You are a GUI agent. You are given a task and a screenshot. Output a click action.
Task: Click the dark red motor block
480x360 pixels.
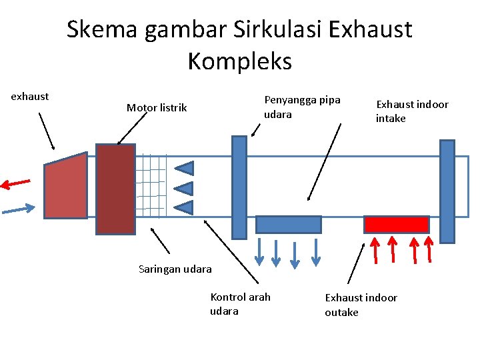[115, 189]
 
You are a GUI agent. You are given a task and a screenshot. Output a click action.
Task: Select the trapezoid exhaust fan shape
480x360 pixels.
[65, 188]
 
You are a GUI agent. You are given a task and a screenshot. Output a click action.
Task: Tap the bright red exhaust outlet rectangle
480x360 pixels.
[396, 224]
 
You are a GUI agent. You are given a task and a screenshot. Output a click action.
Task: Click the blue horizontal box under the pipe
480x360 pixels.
[289, 224]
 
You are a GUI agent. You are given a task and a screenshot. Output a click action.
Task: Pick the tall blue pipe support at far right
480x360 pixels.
[447, 191]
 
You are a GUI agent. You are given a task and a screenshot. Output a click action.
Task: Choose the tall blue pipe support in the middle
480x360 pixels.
[239, 187]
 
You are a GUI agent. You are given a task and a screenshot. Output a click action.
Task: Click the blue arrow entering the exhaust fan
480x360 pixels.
[18, 209]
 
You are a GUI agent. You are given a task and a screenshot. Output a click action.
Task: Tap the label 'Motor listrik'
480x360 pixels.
[157, 107]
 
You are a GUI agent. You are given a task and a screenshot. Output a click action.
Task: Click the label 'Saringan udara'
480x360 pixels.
[175, 269]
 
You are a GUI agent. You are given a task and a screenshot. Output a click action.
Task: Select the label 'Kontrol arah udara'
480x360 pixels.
[240, 304]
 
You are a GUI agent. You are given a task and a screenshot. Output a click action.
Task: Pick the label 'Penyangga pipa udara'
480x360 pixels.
[302, 107]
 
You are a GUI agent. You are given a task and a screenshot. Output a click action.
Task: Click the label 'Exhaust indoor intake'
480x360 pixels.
[411, 111]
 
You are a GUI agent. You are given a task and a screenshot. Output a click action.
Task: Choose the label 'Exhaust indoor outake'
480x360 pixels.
[360, 305]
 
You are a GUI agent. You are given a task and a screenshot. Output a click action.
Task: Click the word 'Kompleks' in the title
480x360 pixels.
[239, 61]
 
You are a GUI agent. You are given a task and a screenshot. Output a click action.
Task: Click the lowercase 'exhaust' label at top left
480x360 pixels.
[30, 96]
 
